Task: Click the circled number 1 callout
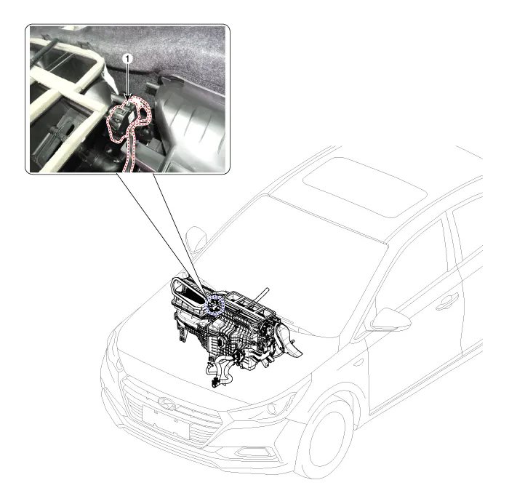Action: click(x=127, y=59)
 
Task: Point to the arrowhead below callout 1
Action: click(x=127, y=97)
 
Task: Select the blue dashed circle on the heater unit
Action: click(x=215, y=305)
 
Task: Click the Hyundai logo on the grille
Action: click(x=167, y=404)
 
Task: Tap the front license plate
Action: click(x=166, y=422)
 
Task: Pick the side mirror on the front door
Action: click(x=391, y=320)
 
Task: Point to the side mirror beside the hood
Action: click(x=196, y=238)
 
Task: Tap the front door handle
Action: click(x=447, y=302)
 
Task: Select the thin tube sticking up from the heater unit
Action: click(x=262, y=295)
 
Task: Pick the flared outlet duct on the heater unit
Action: click(x=290, y=341)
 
